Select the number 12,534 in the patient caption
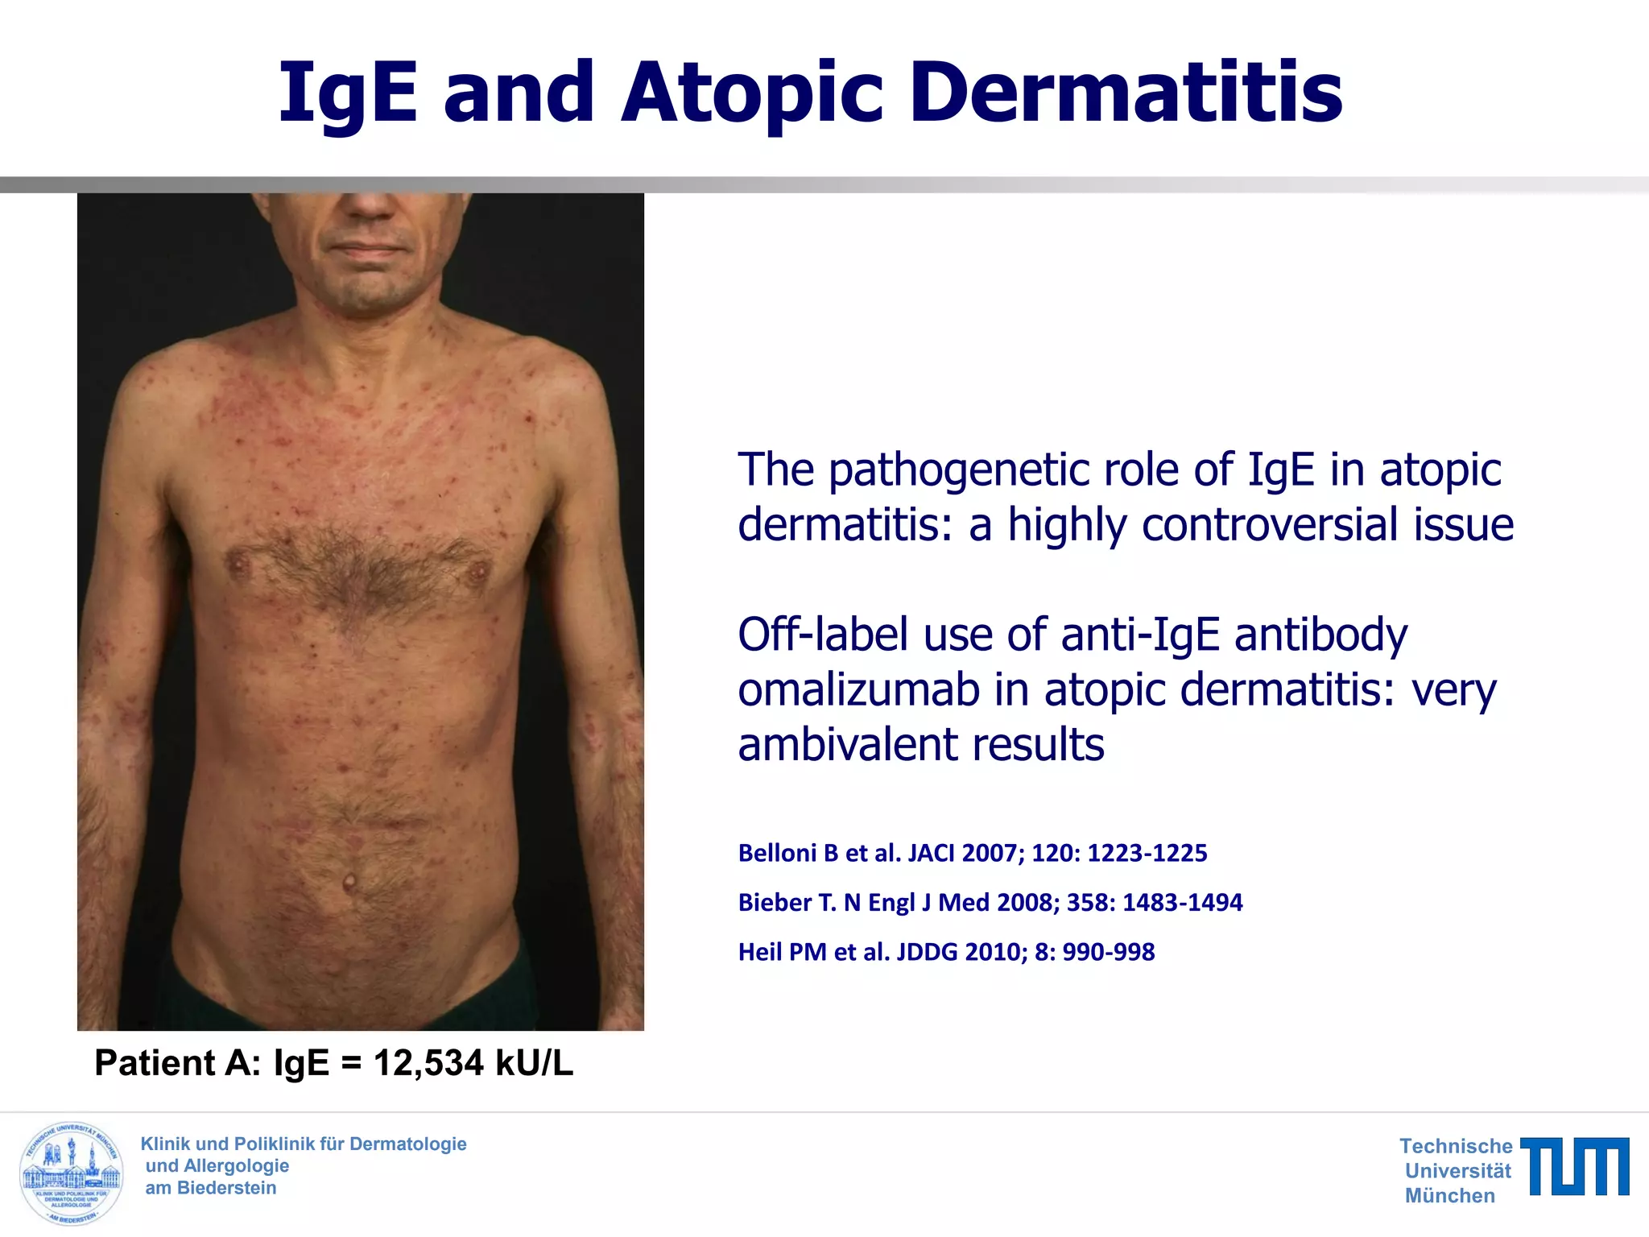(428, 1063)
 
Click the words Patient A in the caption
(177, 1063)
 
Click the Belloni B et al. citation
(973, 853)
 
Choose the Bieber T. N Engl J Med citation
(990, 902)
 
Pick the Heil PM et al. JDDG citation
(946, 952)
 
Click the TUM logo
(1574, 1166)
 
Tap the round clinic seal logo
(72, 1173)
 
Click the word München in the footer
(1449, 1196)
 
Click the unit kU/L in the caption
(534, 1063)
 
